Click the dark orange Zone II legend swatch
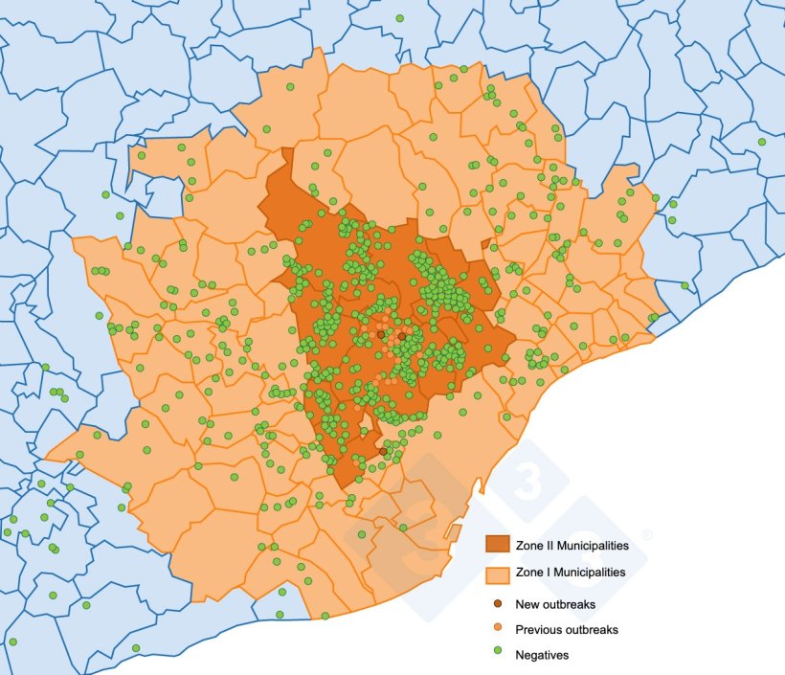(498, 545)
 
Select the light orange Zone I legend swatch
(498, 574)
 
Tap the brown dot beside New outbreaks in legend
(497, 604)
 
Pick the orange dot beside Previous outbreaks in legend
(497, 630)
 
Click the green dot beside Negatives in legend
(497, 655)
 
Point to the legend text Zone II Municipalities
(572, 546)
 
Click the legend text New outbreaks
(554, 604)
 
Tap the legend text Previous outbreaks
(566, 630)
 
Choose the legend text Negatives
(542, 655)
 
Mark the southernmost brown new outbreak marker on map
(383, 451)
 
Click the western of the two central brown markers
(380, 335)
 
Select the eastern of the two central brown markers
(403, 337)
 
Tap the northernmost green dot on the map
(400, 18)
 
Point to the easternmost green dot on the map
(762, 142)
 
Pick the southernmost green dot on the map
(135, 648)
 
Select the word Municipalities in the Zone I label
(587, 573)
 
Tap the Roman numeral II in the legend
(549, 546)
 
